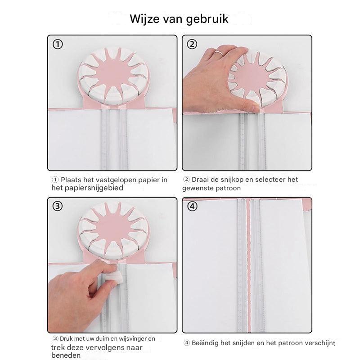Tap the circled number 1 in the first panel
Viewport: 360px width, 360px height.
tap(58, 44)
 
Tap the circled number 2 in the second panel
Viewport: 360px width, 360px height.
tap(192, 44)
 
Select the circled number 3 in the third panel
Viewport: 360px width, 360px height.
tap(58, 206)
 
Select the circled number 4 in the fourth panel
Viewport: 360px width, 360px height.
tap(192, 206)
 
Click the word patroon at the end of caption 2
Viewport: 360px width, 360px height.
tap(228, 188)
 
